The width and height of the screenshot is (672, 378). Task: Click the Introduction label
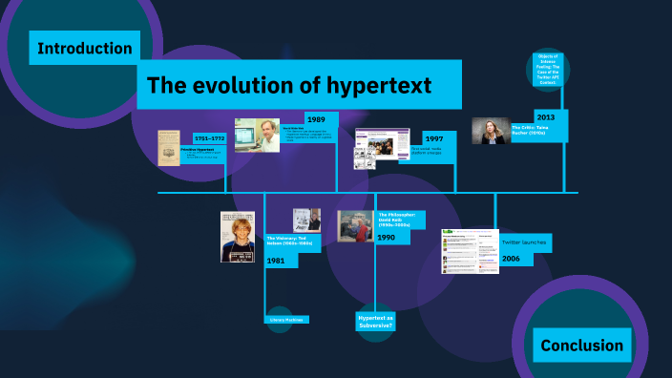point(85,48)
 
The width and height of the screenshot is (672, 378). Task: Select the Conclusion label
point(581,346)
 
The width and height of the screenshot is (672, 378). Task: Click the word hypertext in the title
point(382,85)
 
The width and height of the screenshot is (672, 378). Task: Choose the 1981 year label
point(276,261)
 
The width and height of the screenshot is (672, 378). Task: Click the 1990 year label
point(387,237)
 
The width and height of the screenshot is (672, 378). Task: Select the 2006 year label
point(512,258)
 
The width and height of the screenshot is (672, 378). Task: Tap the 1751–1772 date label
point(209,138)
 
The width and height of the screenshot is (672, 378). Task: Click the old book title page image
point(169,148)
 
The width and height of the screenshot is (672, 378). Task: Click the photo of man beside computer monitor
point(257,136)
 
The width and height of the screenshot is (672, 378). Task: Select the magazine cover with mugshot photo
point(238,237)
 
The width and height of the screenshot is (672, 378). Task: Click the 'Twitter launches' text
point(526,243)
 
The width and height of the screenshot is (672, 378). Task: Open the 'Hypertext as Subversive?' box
point(375,320)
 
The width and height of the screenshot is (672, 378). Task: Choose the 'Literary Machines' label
point(286,320)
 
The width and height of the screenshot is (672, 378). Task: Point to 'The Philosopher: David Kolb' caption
point(394,220)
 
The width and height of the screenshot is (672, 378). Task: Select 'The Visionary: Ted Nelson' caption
point(287,241)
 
